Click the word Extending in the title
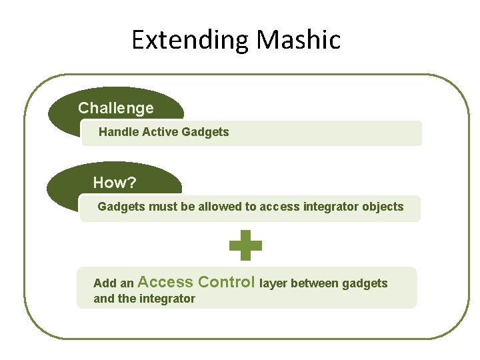(x=191, y=40)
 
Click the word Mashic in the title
(x=299, y=40)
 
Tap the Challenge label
(x=116, y=108)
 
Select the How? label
(x=115, y=183)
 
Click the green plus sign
(x=245, y=246)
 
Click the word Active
(x=159, y=132)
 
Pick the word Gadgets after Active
(x=205, y=132)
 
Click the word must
(x=163, y=207)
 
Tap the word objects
(x=383, y=207)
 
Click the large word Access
(x=166, y=282)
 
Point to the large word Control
(x=227, y=282)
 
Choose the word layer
(x=273, y=283)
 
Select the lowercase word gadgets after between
(x=365, y=283)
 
